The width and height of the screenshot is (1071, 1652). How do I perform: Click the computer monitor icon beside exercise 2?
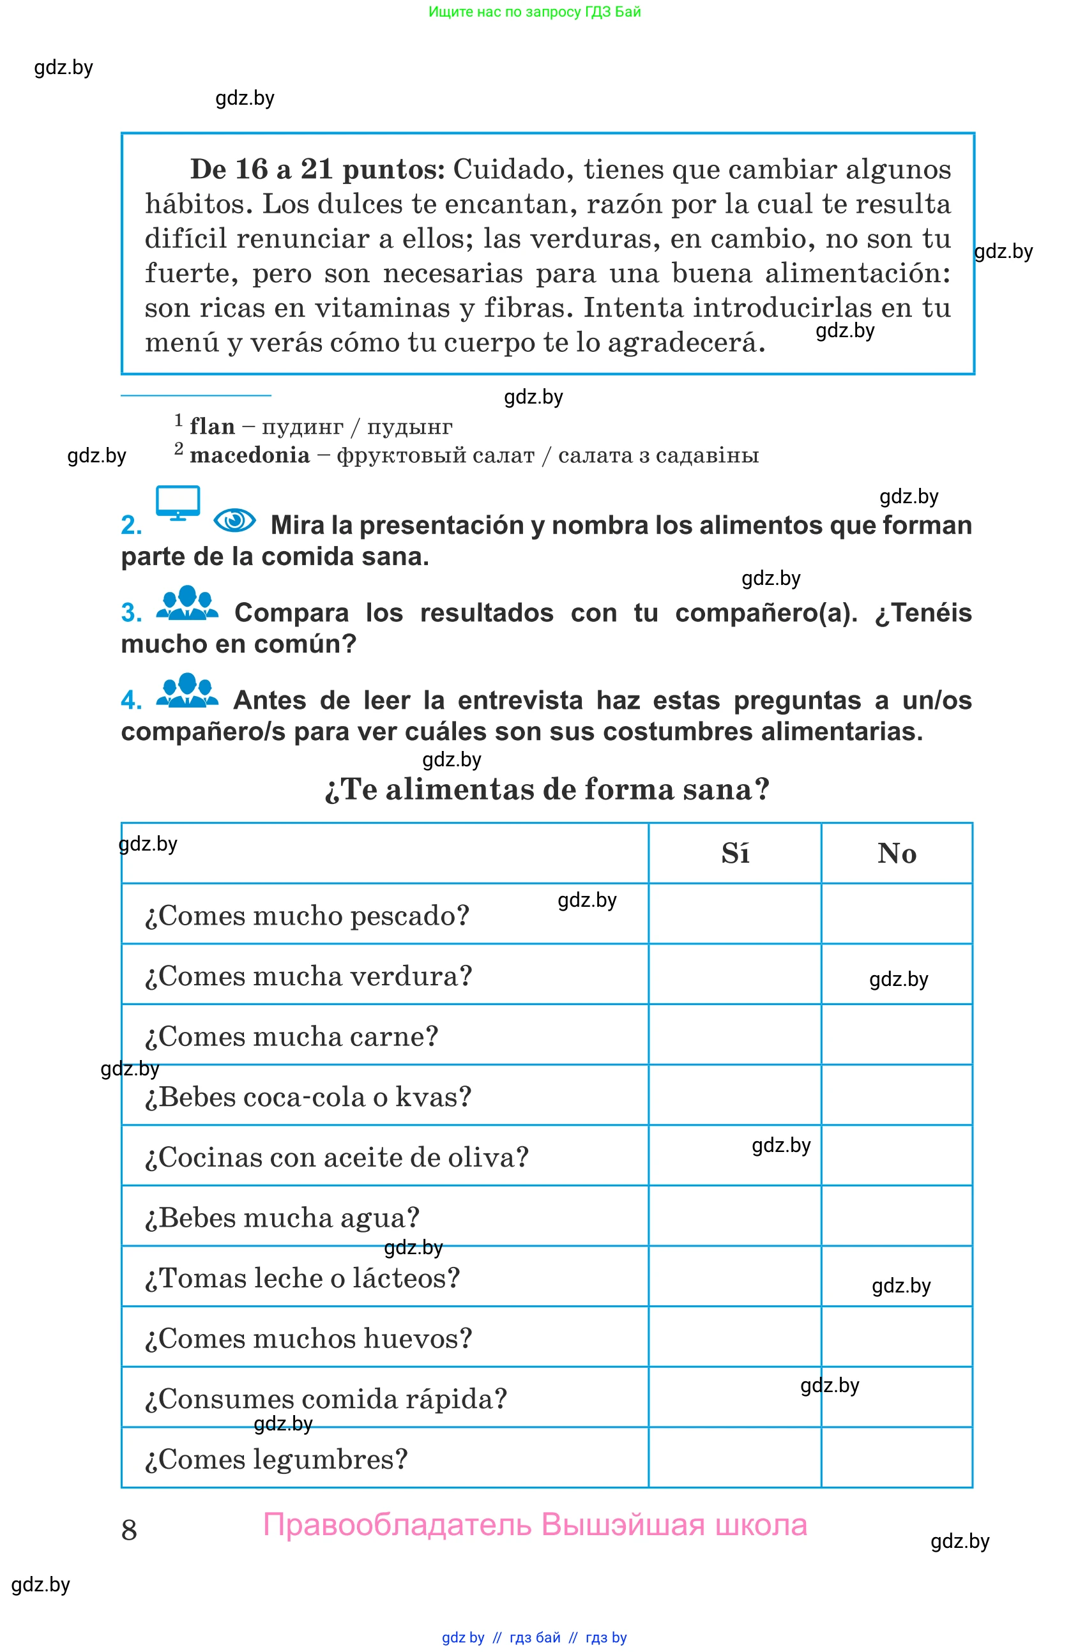(178, 503)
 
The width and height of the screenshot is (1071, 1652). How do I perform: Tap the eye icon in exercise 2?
(234, 520)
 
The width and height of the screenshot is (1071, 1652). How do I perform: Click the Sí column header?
(734, 853)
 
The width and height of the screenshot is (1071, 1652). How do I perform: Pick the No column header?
(896, 853)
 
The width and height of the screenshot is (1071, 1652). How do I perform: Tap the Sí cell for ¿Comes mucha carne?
(734, 1034)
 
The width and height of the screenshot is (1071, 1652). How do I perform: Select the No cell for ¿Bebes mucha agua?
(896, 1215)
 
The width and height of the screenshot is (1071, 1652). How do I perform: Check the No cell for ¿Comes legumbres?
(896, 1457)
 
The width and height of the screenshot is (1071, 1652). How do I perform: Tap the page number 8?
(129, 1530)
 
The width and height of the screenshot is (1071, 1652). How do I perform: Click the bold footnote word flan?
(213, 426)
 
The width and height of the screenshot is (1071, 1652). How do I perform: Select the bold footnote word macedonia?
(250, 455)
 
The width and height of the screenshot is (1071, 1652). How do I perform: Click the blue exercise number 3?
(130, 613)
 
